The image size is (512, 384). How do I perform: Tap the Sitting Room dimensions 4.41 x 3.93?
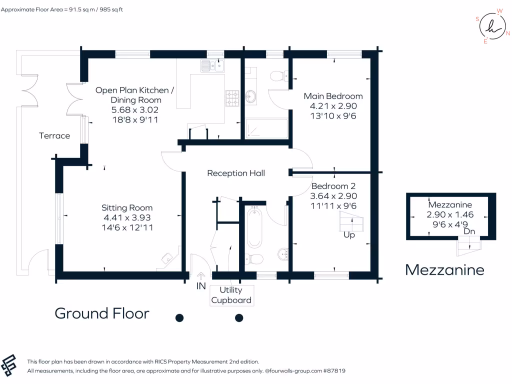click(127, 217)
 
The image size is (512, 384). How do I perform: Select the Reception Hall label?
click(236, 173)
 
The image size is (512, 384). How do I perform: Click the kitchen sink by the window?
click(212, 65)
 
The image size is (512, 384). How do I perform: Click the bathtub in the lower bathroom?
click(254, 228)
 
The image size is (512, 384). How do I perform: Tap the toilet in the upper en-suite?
click(277, 76)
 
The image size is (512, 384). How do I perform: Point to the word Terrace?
click(54, 135)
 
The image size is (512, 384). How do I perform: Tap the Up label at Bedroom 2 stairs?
click(349, 234)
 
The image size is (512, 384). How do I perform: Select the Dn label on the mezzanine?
click(469, 231)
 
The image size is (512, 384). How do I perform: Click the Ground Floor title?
click(102, 313)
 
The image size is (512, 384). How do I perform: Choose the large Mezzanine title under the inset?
click(444, 270)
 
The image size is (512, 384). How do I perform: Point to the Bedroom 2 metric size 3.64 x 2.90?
click(334, 196)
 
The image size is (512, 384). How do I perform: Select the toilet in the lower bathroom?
click(255, 259)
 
